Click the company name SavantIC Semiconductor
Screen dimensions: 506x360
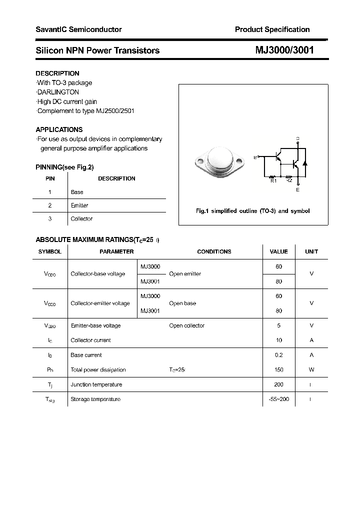point(78,29)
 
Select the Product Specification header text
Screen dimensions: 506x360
point(272,29)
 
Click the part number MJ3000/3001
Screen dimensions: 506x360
point(284,50)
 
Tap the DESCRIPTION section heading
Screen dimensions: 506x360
point(57,73)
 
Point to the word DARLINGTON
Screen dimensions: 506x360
point(58,92)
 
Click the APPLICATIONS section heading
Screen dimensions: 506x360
point(59,129)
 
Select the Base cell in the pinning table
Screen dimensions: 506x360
point(77,192)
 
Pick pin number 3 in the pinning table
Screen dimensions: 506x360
point(49,218)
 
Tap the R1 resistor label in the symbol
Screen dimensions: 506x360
point(273,181)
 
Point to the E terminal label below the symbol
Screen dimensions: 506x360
point(298,190)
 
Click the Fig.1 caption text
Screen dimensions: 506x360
point(252,211)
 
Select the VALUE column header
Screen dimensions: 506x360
point(278,251)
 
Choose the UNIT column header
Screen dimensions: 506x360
point(311,251)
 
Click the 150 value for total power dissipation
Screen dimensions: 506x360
point(278,369)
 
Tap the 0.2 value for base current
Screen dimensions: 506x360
point(278,355)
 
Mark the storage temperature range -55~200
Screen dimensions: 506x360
point(278,399)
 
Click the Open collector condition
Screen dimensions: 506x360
point(186,325)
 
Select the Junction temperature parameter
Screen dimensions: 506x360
point(96,384)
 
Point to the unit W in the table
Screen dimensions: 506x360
point(311,369)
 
